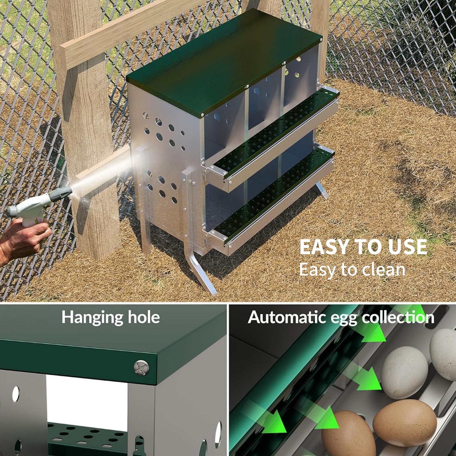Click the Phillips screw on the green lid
142,367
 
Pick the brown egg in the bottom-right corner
405,422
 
